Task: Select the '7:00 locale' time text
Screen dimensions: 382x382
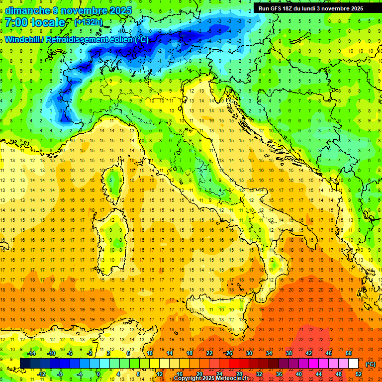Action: tap(35, 22)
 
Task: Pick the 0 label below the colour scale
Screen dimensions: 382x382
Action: tap(98, 374)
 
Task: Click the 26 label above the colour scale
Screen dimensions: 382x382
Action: tap(229, 353)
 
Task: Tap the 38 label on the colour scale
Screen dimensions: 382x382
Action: tap(288, 353)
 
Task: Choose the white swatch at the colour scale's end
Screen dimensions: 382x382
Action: tap(353, 363)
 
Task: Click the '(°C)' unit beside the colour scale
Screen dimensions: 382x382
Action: tap(370, 364)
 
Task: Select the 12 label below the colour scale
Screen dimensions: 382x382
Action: tap(160, 374)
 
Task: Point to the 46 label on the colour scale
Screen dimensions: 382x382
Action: tap(328, 353)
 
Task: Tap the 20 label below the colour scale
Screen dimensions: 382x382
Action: tap(199, 374)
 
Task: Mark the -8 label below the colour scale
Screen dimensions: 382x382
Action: tap(59, 374)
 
